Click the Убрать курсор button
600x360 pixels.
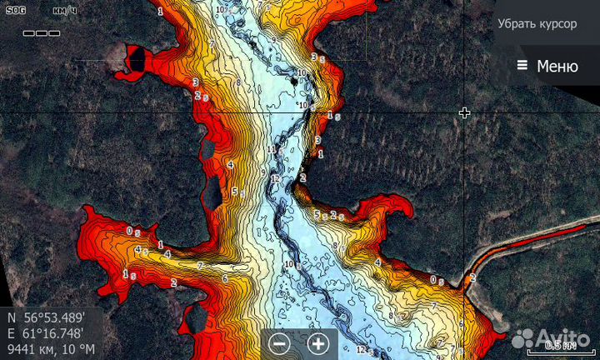(537, 23)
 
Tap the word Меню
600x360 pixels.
(557, 67)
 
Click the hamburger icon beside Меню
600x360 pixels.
(522, 66)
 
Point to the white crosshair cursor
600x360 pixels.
(464, 112)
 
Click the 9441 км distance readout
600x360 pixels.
(29, 348)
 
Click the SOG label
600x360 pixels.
(16, 10)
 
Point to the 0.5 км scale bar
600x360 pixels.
(560, 344)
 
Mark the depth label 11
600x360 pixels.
(271, 149)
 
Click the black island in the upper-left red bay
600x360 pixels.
(136, 59)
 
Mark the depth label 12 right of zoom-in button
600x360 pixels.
(361, 349)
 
